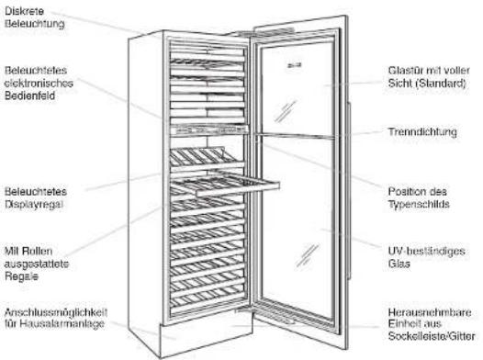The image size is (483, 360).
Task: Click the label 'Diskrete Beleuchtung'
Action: click(35, 17)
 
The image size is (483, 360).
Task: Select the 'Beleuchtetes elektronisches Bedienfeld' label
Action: click(39, 83)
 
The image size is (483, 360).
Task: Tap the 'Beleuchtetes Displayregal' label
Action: click(36, 197)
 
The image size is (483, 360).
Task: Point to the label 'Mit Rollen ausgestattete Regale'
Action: click(37, 264)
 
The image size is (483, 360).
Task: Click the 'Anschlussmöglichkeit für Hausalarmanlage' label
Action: click(56, 318)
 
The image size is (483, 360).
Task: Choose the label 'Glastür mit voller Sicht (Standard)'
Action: click(429, 76)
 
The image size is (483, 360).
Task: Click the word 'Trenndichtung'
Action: click(422, 132)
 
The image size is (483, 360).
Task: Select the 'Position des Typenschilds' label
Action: click(419, 197)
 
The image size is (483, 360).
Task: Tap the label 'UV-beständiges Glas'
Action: click(427, 257)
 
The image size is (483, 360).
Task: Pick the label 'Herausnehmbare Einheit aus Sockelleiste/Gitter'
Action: click(432, 324)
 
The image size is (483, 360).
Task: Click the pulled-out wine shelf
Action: click(225, 185)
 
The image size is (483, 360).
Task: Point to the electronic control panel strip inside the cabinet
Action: click(209, 130)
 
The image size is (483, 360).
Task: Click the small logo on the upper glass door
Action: click(294, 65)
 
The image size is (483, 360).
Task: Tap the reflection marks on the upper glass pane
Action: click(286, 111)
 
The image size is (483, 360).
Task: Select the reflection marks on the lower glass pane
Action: click(308, 255)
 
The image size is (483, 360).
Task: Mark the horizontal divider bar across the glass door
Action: click(297, 136)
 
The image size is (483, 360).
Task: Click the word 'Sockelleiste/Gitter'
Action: click(432, 336)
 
